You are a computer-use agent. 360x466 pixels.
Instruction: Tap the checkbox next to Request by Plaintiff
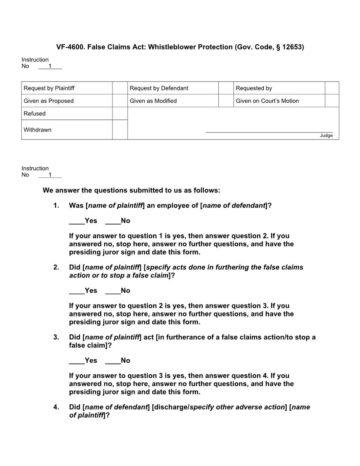click(120, 88)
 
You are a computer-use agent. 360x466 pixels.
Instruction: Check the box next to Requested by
click(332, 88)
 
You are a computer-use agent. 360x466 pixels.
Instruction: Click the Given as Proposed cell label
click(49, 101)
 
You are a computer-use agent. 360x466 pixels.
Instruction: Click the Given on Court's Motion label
click(267, 101)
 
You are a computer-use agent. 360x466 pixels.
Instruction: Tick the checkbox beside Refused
click(120, 113)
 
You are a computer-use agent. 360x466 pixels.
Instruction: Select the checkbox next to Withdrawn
click(120, 130)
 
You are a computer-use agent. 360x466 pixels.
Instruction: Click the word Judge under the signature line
click(326, 135)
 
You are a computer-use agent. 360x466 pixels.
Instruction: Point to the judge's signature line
click(269, 132)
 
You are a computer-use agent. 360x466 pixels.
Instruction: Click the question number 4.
click(56, 407)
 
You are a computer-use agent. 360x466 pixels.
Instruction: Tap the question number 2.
click(56, 267)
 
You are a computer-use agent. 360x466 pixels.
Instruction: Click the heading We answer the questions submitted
click(131, 191)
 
